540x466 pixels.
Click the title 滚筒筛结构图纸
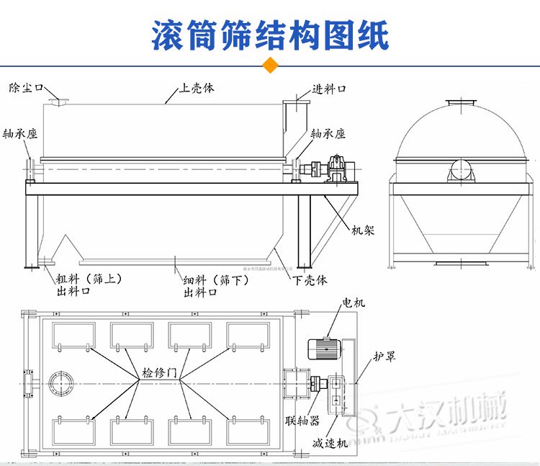pyautogui.click(x=270, y=34)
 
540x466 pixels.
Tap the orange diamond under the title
pyautogui.click(x=271, y=65)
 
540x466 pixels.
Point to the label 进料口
pyautogui.click(x=330, y=89)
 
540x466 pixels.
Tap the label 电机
pyautogui.click(x=354, y=303)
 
